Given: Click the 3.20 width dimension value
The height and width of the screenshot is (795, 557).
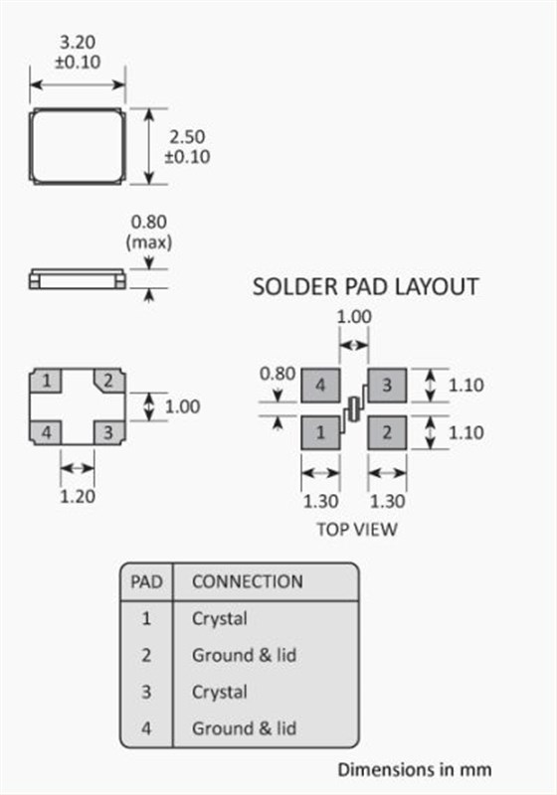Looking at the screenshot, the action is [78, 42].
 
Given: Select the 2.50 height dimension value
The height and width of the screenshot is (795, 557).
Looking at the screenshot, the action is [187, 136].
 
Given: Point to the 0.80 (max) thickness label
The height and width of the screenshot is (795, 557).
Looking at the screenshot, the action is [148, 233].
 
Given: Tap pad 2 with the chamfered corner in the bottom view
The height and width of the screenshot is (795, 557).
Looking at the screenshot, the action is [108, 381].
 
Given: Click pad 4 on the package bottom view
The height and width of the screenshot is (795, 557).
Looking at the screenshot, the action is [46, 433].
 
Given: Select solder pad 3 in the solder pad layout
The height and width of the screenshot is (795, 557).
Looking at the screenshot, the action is [387, 386].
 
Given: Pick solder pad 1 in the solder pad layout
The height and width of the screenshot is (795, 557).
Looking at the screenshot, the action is [320, 432].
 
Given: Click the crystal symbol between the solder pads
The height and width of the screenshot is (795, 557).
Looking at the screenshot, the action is [353, 409].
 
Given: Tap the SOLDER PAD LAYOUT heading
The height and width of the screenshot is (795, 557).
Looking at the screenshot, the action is [365, 286].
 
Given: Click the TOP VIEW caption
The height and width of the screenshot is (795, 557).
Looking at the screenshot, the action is [357, 530].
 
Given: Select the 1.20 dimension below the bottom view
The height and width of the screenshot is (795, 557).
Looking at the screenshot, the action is [78, 496].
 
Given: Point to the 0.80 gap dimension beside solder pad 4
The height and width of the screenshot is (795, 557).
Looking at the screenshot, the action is [277, 374].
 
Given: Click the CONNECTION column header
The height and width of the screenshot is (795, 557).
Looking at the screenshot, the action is [248, 581].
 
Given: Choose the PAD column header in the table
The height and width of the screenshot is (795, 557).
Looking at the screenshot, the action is [146, 581].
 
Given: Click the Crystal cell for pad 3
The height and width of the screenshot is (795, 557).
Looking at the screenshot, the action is [220, 692].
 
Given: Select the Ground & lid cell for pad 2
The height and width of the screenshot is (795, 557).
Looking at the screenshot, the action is [244, 655].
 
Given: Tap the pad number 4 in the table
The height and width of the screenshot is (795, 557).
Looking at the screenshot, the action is [146, 728].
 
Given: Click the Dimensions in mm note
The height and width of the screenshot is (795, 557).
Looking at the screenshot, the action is [415, 769].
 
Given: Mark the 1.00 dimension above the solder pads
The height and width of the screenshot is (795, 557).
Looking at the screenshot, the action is [354, 317].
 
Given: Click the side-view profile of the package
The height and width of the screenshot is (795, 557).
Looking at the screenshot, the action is [78, 279].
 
